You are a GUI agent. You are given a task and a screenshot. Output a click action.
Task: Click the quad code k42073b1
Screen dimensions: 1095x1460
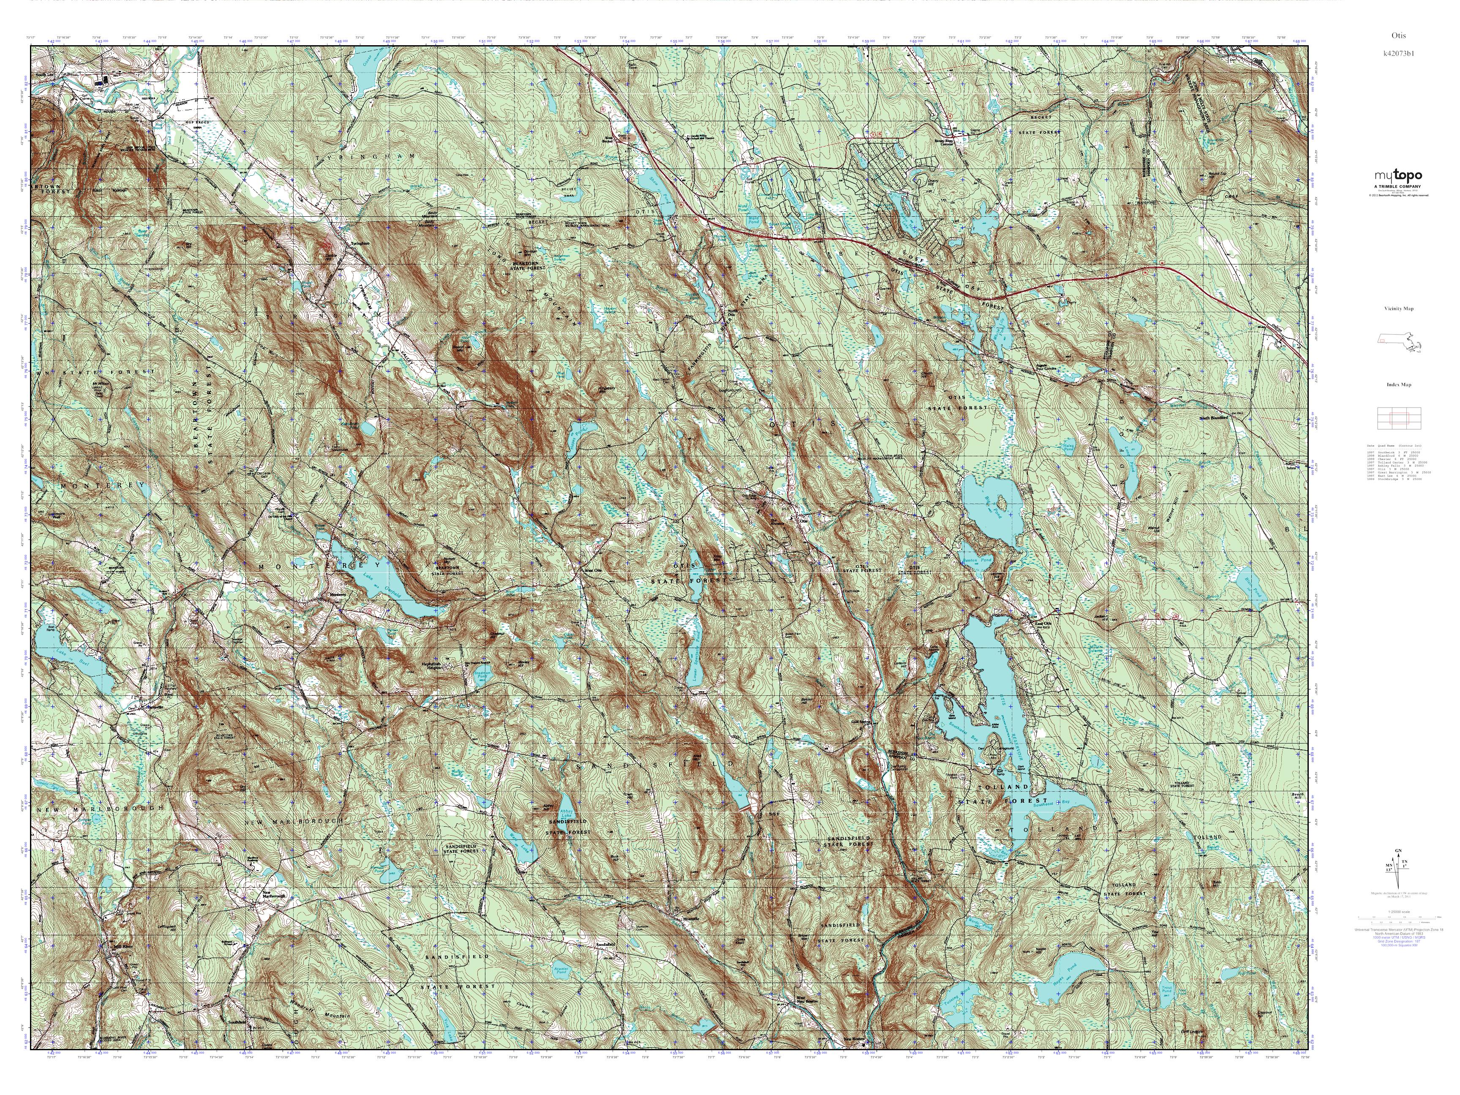(1397, 53)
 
